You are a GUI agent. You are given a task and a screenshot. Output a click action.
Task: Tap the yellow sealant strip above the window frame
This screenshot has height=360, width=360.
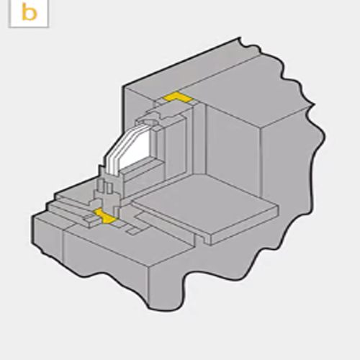[177, 97]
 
